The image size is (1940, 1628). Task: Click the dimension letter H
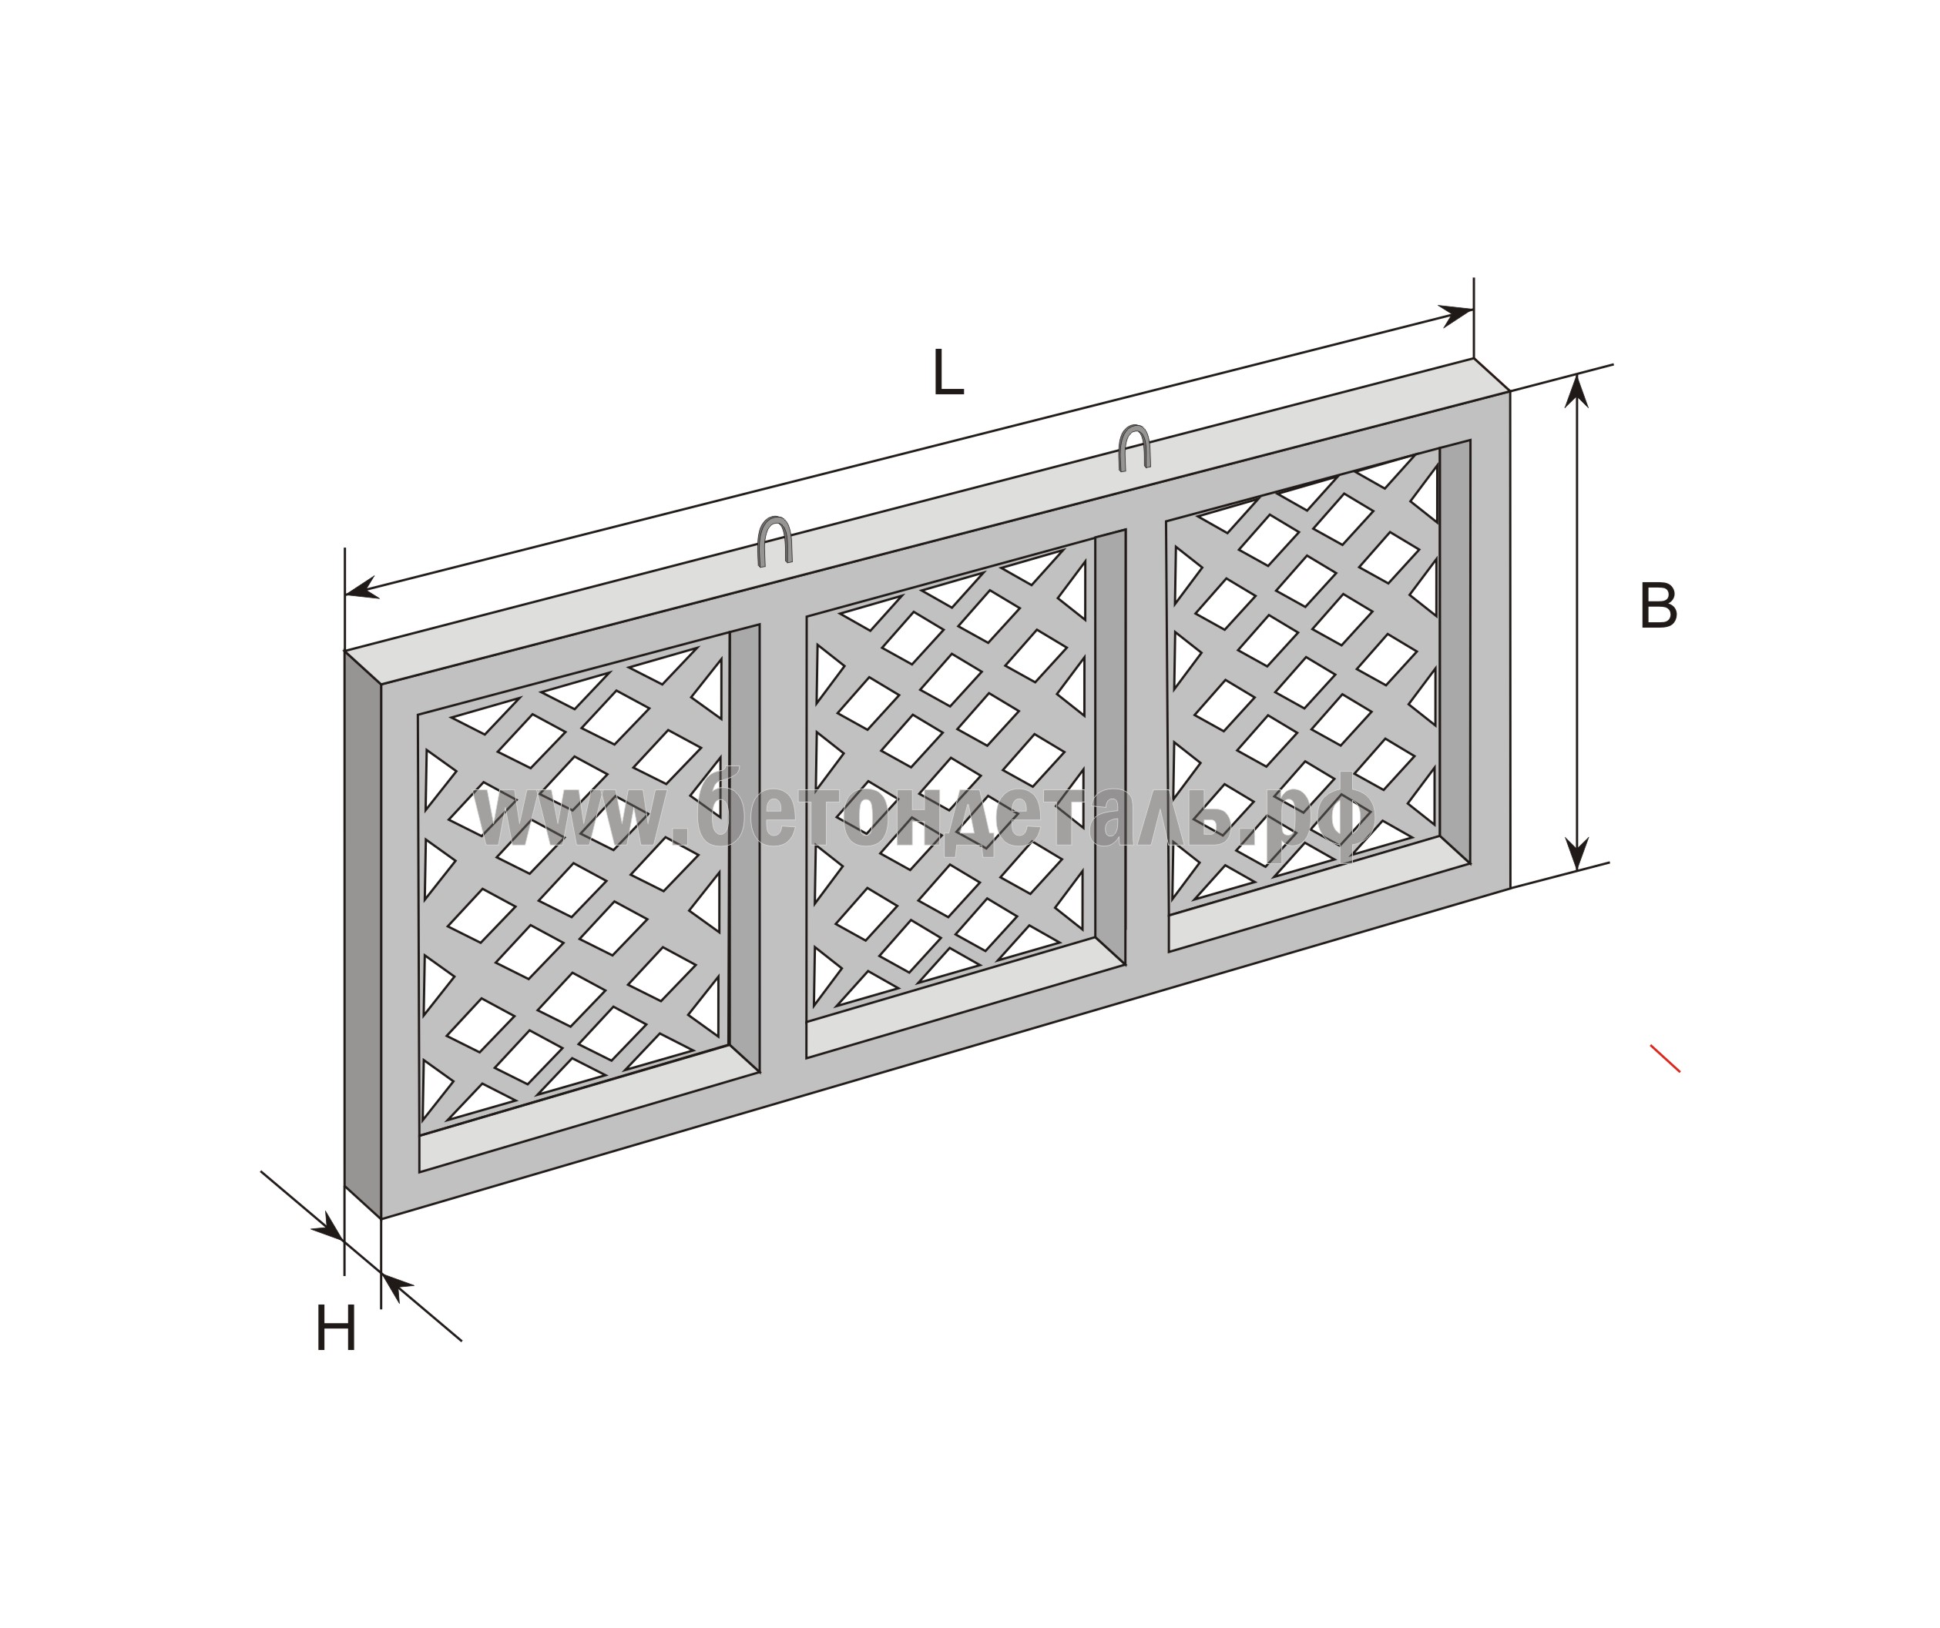tap(336, 1330)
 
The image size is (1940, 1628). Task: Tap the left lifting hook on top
tap(775, 541)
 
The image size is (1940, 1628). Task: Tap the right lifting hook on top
tap(1133, 448)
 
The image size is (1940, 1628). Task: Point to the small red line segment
tap(1666, 1058)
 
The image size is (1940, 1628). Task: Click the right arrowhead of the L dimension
tap(1457, 315)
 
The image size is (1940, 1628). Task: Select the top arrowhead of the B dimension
tap(1577, 390)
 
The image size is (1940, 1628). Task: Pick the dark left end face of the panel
tap(363, 934)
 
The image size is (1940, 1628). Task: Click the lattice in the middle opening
tap(951, 781)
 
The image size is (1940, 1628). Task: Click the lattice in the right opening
tap(1304, 676)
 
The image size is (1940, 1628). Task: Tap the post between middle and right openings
tap(1146, 743)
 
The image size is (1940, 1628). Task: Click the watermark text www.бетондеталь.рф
tap(924, 816)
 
